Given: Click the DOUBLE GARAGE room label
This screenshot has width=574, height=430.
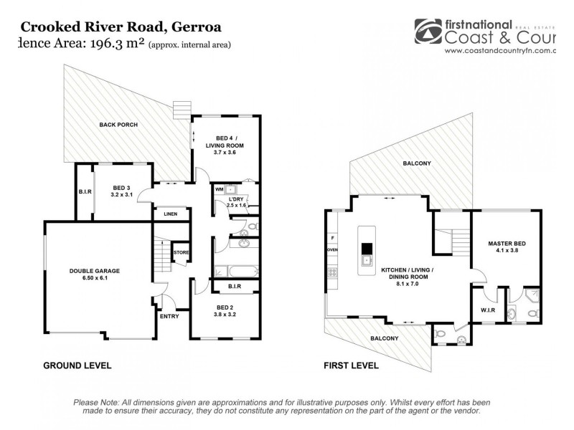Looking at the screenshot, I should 94,270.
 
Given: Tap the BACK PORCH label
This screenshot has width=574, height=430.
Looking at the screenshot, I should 118,124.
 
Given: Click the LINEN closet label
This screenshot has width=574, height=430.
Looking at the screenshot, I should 170,214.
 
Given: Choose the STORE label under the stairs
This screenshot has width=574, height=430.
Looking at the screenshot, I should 182,252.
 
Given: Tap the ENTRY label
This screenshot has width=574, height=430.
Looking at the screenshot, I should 170,316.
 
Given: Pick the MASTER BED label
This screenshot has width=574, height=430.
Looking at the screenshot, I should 507,244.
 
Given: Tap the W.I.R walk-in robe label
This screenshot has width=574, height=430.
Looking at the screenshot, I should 487,310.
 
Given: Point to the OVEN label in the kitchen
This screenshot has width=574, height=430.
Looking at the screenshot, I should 332,249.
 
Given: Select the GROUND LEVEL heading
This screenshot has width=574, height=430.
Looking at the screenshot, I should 77,365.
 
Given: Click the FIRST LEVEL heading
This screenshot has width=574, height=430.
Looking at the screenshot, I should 351,365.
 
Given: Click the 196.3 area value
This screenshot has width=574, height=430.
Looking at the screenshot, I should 110,44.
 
